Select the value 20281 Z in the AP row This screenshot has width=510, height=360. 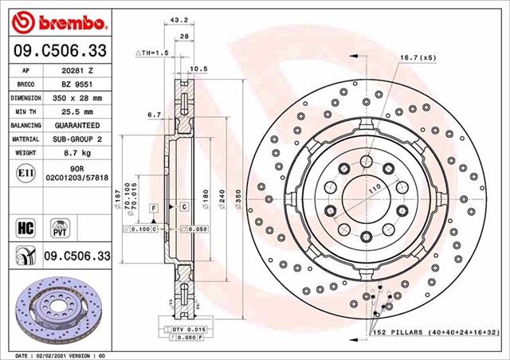coord(77,70)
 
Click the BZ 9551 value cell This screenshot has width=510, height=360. coord(77,84)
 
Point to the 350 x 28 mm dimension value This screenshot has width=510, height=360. coord(77,98)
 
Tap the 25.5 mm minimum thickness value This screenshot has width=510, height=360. coord(77,112)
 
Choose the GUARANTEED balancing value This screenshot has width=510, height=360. coord(77,126)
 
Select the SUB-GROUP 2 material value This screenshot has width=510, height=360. coord(77,139)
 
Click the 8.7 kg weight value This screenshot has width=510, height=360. coord(77,153)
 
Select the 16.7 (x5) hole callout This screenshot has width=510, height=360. coord(417,57)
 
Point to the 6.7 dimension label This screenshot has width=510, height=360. coord(154,115)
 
